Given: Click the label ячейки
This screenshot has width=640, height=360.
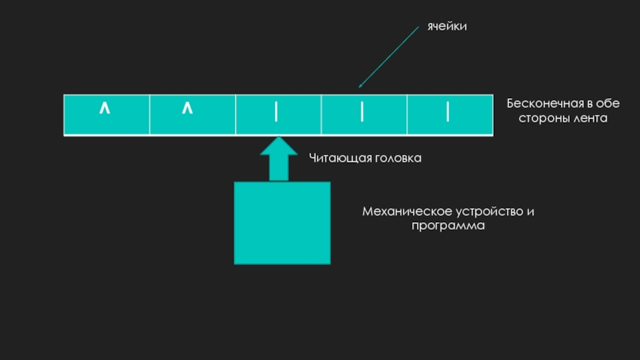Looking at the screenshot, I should point(446,26).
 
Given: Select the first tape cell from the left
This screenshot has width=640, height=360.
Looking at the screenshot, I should point(106,114).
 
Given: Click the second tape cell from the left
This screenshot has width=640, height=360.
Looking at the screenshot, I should point(192,114).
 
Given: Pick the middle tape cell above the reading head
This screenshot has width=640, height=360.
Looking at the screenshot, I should point(278,114).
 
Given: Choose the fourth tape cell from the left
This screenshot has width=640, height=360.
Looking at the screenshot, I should point(363,114).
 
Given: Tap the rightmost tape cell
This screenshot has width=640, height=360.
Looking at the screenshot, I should point(450,114).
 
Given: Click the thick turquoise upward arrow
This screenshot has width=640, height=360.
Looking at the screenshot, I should point(278,158).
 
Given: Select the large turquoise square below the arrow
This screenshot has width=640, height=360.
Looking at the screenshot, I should point(282,222).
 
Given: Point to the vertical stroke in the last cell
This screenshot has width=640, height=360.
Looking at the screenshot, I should point(448,113).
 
